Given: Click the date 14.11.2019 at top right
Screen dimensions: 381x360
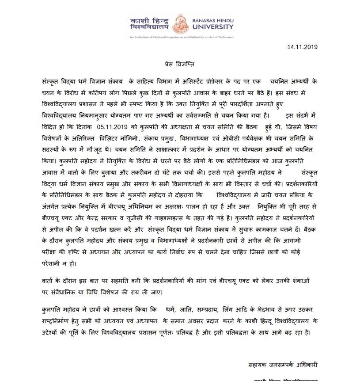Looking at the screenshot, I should (303, 46).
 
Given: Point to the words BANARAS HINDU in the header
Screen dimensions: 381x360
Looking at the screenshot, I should (211, 20).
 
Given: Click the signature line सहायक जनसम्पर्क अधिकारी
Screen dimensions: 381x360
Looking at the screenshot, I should (283, 364).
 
